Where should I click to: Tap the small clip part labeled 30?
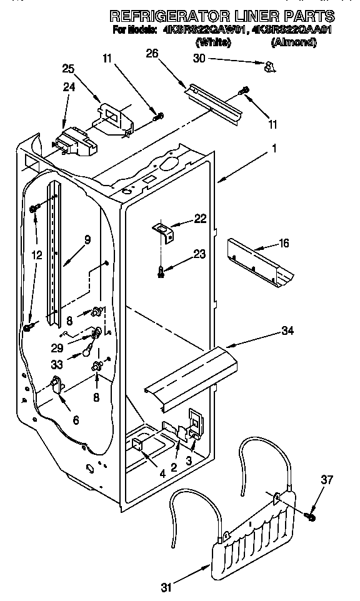tap(269, 65)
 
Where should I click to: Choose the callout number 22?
tap(199, 218)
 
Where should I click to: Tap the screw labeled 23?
tap(162, 271)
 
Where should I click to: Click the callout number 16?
tap(284, 242)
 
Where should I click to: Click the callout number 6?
tap(76, 421)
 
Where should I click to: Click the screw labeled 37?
tap(311, 517)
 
